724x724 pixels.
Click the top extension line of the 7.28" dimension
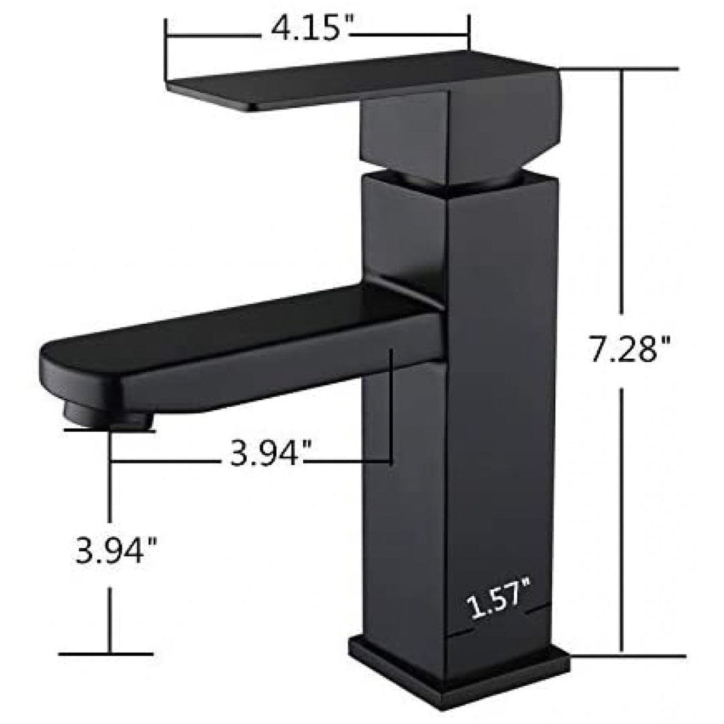click(x=618, y=68)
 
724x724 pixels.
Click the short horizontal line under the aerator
click(x=110, y=430)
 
